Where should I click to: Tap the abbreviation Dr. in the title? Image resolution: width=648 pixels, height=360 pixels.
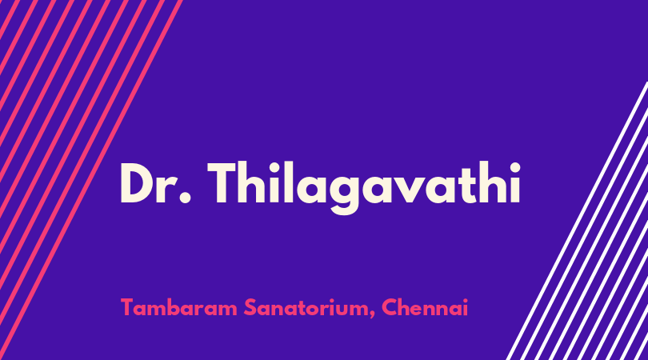pyautogui.click(x=156, y=183)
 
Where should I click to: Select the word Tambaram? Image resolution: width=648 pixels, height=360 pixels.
pyautogui.click(x=179, y=307)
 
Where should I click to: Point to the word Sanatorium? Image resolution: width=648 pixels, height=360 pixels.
pyautogui.click(x=310, y=307)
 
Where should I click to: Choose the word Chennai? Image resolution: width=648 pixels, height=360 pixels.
pyautogui.click(x=425, y=307)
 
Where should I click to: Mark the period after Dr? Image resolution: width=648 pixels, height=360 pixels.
pyautogui.click(x=186, y=197)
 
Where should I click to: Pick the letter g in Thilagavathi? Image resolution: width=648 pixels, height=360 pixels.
pyautogui.click(x=345, y=194)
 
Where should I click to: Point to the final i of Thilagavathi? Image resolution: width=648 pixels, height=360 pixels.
pyautogui.click(x=515, y=182)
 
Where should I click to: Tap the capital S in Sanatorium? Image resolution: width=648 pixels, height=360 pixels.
pyautogui.click(x=250, y=307)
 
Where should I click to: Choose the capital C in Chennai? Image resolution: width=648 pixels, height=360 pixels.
pyautogui.click(x=390, y=307)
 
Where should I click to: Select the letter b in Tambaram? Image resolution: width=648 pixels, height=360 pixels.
pyautogui.click(x=166, y=307)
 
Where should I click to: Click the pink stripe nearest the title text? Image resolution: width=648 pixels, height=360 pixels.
pyautogui.click(x=90, y=180)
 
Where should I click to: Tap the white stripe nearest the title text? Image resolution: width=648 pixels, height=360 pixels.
pyautogui.click(x=578, y=221)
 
